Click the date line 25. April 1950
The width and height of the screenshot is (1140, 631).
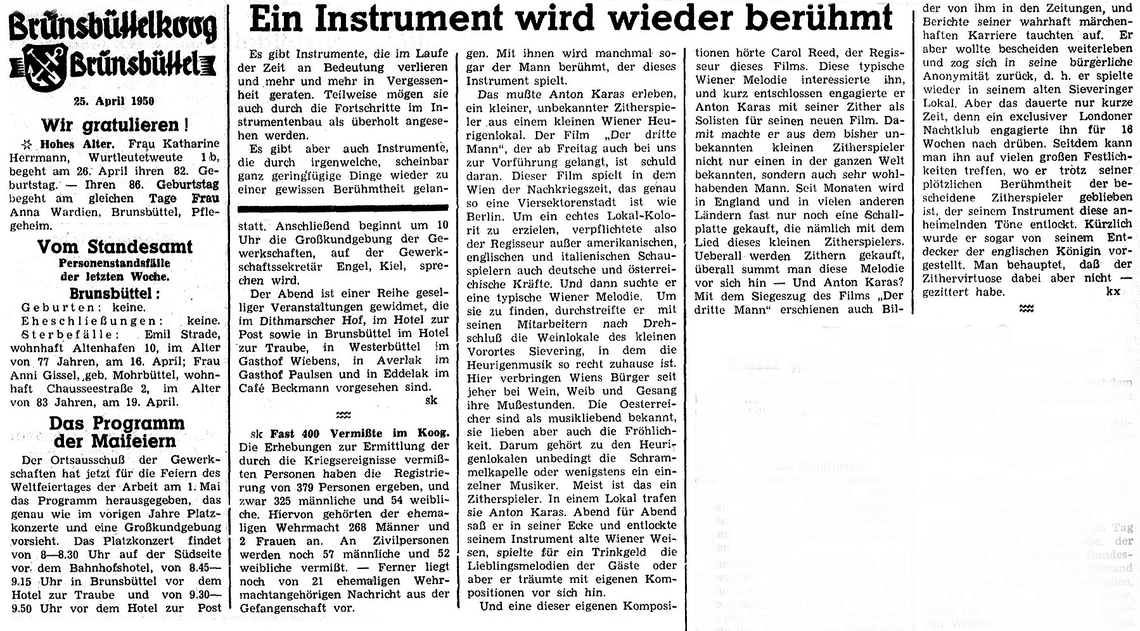[x=113, y=101]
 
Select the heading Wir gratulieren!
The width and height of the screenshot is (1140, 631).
[x=115, y=125]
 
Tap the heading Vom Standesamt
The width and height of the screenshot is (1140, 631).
[x=115, y=247]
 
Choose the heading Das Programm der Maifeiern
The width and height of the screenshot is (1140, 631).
[x=116, y=432]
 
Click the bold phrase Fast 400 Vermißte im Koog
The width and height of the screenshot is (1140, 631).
[x=359, y=433]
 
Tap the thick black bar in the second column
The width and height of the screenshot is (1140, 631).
[x=343, y=208]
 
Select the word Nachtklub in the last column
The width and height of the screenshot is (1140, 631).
[x=953, y=131]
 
